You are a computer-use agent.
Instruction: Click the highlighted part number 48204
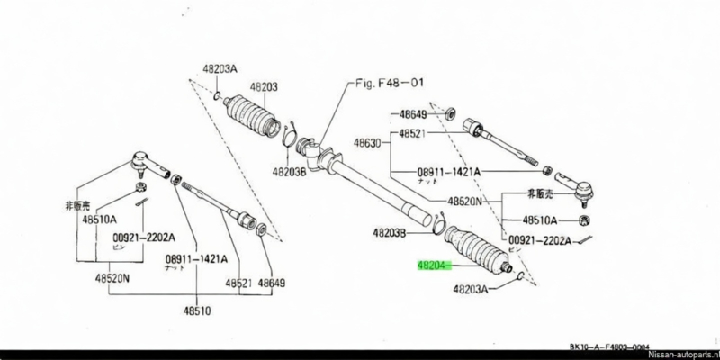(432, 266)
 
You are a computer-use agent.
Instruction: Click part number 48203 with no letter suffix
(265, 86)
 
